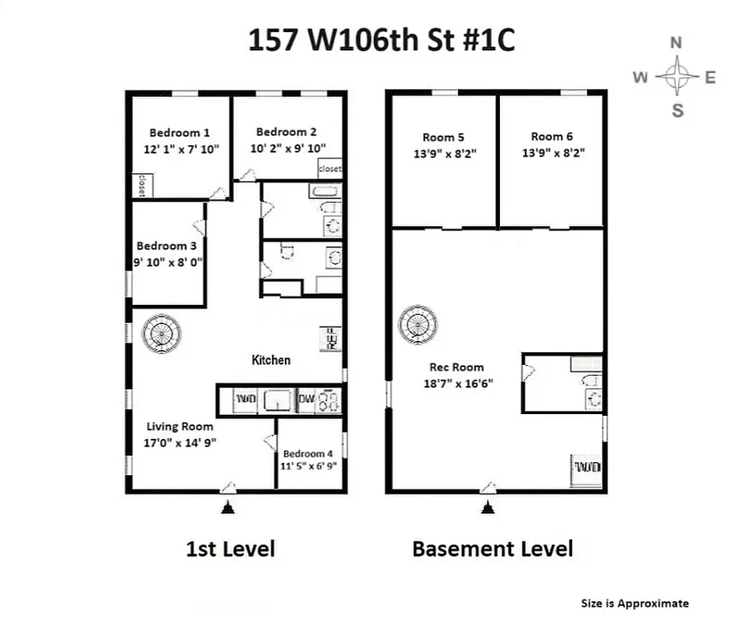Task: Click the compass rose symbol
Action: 677,77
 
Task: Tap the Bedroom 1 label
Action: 180,133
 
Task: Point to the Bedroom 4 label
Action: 308,453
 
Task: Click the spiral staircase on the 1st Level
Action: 161,333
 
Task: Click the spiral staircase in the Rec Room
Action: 419,324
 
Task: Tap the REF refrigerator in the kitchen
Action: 331,339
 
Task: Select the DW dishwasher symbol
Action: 306,399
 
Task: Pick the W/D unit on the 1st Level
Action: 244,399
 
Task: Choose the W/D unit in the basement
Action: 586,467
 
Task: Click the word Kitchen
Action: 271,360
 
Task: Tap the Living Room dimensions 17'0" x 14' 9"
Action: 180,442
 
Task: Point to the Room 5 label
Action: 445,137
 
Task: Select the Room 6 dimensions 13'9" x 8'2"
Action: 552,152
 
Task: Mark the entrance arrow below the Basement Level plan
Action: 486,507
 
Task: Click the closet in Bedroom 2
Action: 329,169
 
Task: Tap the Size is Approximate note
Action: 634,603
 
